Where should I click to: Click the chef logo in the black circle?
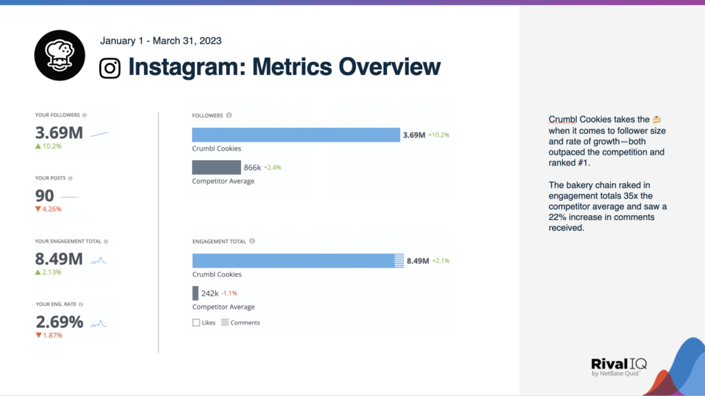pos(60,56)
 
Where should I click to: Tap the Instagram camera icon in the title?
pos(110,67)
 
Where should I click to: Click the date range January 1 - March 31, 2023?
pos(160,41)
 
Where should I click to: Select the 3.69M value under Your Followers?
pos(59,133)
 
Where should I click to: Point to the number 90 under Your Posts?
pos(45,196)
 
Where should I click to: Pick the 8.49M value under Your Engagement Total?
pos(59,259)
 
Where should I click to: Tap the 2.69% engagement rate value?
pos(59,322)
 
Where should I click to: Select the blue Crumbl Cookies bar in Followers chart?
pos(295,135)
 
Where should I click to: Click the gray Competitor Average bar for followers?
pos(216,167)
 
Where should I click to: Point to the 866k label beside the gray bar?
pos(253,167)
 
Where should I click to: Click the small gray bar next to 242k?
pos(195,293)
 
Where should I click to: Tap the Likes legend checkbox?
pos(196,322)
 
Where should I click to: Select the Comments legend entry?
pos(240,322)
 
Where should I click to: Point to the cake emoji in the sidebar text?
pos(656,120)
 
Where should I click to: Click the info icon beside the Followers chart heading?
pos(229,115)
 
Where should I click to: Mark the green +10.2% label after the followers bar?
pos(439,135)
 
